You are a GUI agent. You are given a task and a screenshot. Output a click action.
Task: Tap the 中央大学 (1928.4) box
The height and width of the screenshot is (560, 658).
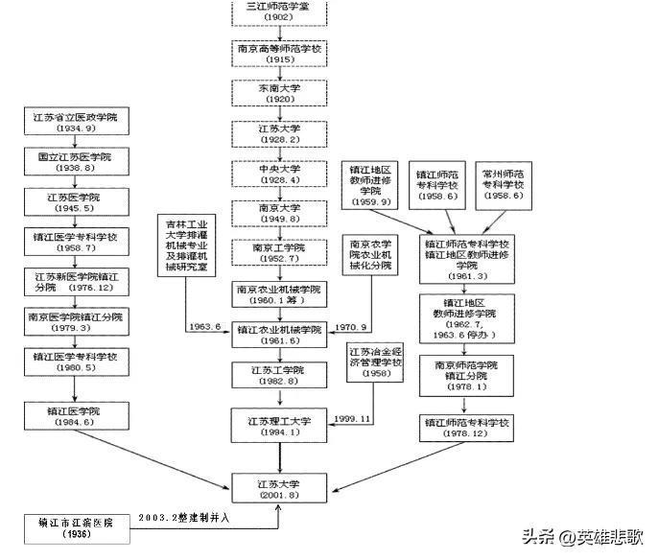(x=279, y=172)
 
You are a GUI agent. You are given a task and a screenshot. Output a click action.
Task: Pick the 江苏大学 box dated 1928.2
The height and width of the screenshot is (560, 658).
(x=279, y=132)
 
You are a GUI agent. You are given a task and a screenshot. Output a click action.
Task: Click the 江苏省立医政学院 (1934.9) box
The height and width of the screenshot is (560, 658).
(x=76, y=122)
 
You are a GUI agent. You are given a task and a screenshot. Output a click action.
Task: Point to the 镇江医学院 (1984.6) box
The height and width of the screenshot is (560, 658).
(x=76, y=416)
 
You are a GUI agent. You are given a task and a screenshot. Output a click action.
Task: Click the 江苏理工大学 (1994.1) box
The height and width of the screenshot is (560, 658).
(x=279, y=423)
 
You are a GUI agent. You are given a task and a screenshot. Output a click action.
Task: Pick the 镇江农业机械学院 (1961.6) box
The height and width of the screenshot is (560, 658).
(x=279, y=334)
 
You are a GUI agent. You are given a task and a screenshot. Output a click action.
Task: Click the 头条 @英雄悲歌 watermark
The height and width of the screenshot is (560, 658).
(x=583, y=538)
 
